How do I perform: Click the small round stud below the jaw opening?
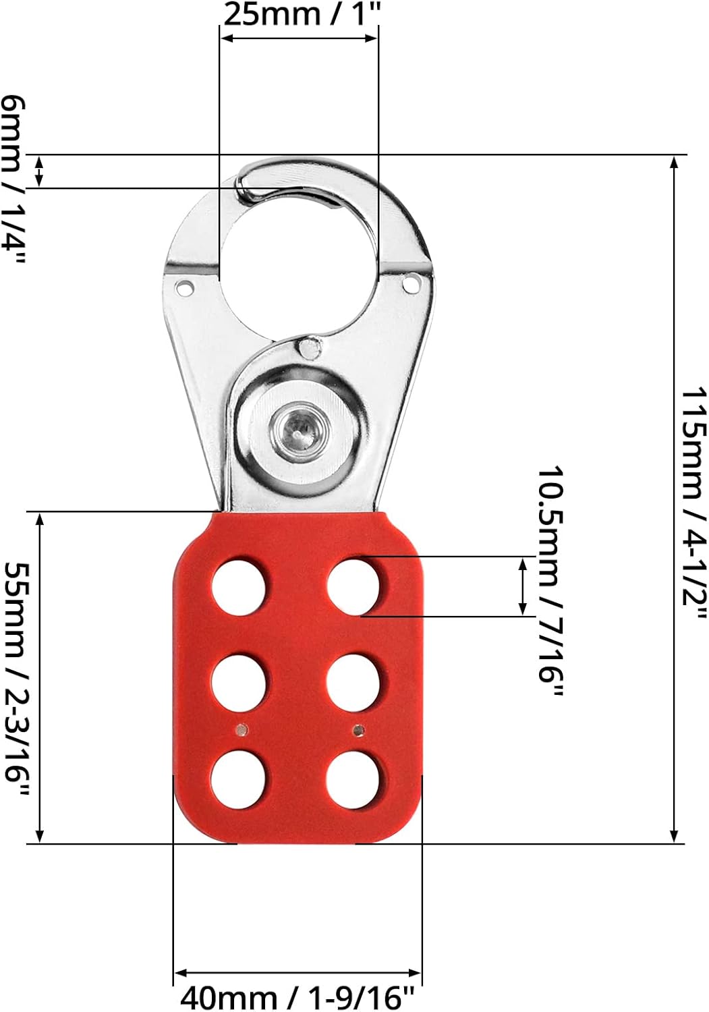(x=310, y=348)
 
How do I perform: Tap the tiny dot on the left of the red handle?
(x=241, y=729)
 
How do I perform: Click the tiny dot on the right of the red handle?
(x=360, y=729)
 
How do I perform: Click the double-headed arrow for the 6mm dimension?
(x=40, y=171)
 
